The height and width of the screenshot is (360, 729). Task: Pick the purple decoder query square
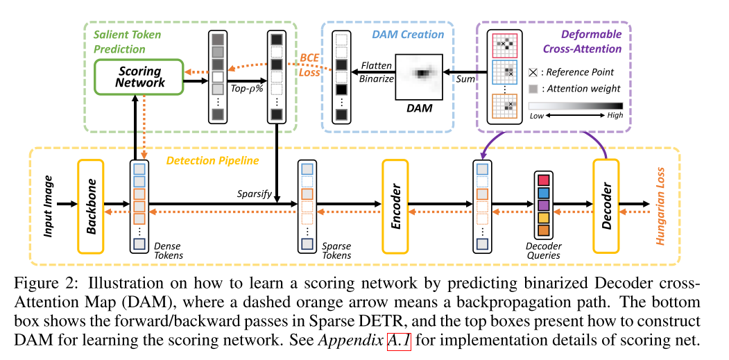coord(543,205)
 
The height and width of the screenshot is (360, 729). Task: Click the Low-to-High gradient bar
coord(575,105)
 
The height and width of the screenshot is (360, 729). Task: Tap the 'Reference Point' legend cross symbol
coord(533,72)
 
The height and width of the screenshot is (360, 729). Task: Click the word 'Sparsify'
coord(252,194)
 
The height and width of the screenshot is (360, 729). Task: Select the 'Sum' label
coord(465,79)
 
